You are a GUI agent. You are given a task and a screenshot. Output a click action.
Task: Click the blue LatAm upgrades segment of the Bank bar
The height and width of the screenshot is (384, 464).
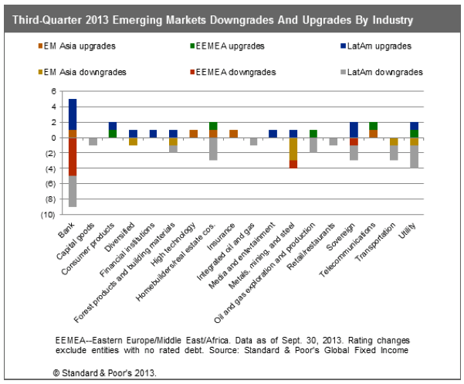[x=73, y=114]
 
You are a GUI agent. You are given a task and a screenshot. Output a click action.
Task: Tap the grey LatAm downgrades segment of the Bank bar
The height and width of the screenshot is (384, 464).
[x=73, y=191]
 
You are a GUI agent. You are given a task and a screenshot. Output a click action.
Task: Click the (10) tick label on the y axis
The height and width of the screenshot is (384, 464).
[x=50, y=214]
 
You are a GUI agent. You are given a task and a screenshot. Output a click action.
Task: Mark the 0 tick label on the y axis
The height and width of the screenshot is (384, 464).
[x=53, y=138]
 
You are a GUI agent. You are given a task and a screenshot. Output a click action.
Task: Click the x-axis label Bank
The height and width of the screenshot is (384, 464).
[x=66, y=230]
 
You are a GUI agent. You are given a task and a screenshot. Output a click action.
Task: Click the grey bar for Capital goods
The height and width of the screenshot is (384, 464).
[x=93, y=141]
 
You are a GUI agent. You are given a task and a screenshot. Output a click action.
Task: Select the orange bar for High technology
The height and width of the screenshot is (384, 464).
[x=194, y=134]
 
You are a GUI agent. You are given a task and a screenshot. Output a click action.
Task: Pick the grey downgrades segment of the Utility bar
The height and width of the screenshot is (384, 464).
[x=415, y=157]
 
